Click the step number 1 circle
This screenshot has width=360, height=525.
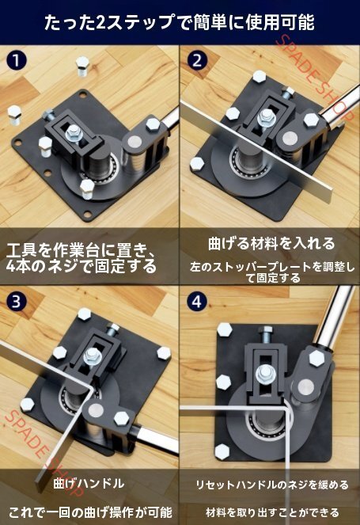coord(16,61)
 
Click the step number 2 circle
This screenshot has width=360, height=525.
coord(197,61)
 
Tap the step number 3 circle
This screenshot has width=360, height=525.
coord(16,302)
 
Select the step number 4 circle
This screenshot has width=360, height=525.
coord(197,302)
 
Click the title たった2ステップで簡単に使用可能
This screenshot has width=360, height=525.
coord(180,22)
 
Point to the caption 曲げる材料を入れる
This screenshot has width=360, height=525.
coord(271,243)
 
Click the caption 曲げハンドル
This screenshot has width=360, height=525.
coord(89,483)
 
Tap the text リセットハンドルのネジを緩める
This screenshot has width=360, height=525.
coord(272,485)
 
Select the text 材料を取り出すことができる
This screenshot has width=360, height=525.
coord(272,512)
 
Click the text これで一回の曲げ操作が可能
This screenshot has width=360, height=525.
coord(90,512)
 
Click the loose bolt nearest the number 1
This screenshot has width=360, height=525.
coord(82,66)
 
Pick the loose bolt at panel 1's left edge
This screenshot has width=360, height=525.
coord(14,115)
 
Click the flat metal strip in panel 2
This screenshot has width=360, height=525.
coord(257,150)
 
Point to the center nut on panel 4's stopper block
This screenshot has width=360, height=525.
coord(265,373)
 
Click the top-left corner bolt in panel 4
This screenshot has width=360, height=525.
coord(225,329)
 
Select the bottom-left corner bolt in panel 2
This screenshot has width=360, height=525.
coord(197,164)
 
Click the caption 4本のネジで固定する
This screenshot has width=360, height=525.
coord(81,267)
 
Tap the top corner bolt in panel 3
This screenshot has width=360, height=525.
coord(85,314)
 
